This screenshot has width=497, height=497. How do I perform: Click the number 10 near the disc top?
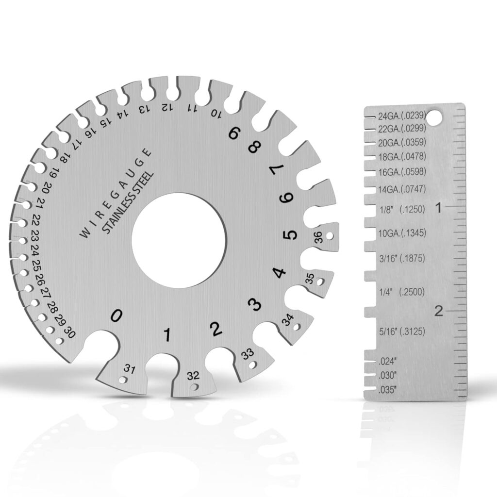point(215,114)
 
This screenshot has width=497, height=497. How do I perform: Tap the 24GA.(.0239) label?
point(401,116)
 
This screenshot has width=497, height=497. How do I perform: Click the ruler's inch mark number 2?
point(439,311)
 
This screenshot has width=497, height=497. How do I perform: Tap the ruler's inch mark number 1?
point(439,208)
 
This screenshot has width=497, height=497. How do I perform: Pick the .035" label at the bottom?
point(388,390)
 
